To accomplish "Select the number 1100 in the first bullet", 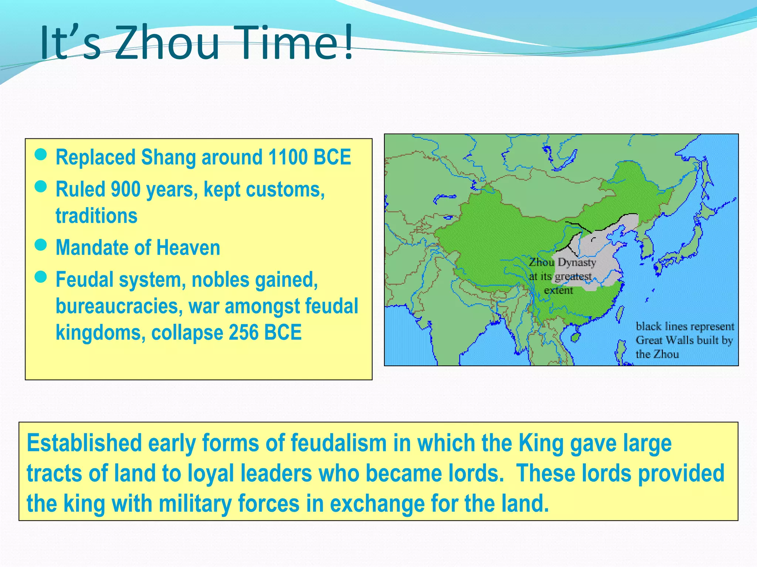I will pyautogui.click(x=288, y=157).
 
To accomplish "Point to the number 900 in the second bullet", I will pyautogui.click(x=126, y=189).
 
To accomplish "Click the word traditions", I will pyautogui.click(x=96, y=216).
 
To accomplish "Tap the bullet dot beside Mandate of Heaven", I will pyautogui.click(x=41, y=245).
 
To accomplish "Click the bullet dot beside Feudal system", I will pyautogui.click(x=41, y=276).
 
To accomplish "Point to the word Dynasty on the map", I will pyautogui.click(x=577, y=262).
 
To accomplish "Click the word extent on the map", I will pyautogui.click(x=558, y=291).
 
